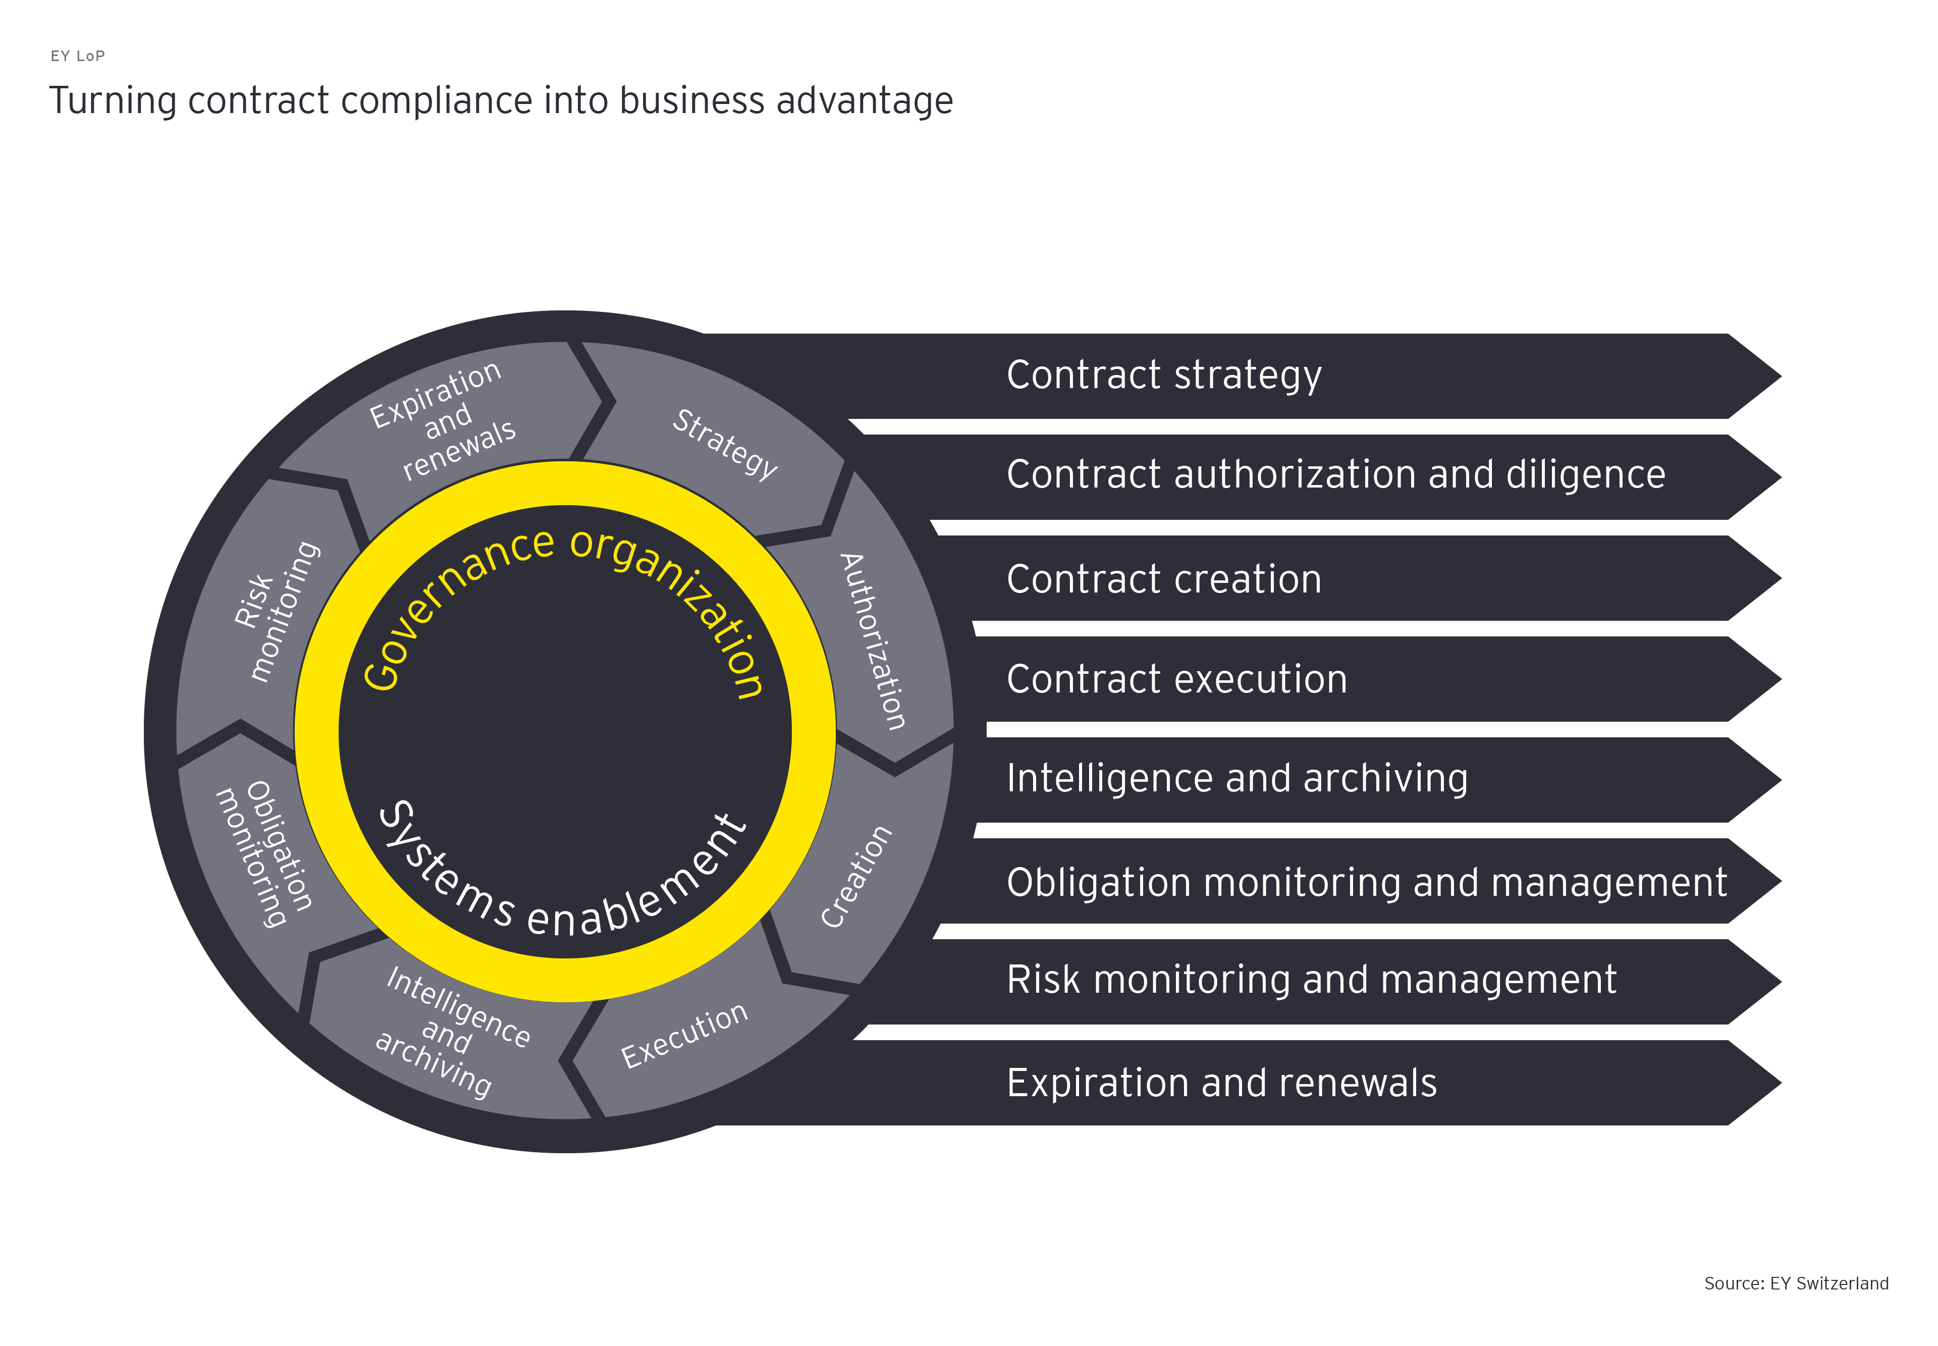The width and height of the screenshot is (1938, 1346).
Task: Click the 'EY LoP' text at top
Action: point(78,56)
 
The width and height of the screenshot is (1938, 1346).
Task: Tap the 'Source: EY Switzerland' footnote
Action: point(1796,1283)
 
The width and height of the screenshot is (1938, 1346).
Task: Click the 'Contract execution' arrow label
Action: point(1176,679)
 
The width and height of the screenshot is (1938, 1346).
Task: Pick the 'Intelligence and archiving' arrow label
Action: point(1236,778)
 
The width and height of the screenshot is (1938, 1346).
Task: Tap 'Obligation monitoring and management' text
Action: point(1366,882)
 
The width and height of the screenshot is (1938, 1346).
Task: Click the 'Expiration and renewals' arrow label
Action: point(1221,1083)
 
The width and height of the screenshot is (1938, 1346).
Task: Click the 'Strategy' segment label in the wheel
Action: point(724,444)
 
